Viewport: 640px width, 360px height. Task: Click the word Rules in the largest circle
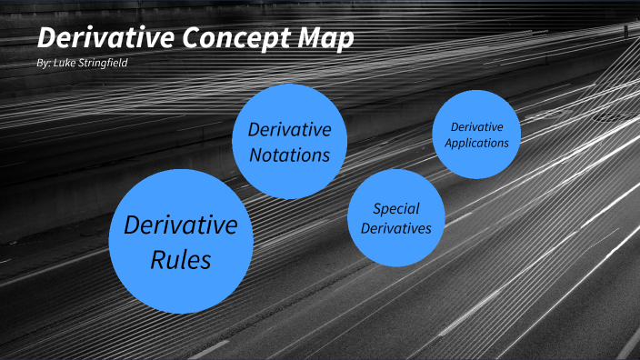click(x=180, y=260)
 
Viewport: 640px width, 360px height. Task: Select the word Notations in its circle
click(x=289, y=155)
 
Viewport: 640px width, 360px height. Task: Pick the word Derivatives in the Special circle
click(x=395, y=228)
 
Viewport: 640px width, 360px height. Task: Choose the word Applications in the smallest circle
click(x=476, y=143)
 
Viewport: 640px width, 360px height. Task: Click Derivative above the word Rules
click(x=180, y=225)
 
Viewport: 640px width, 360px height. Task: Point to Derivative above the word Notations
click(x=289, y=130)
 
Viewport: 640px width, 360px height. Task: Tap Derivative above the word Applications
click(x=476, y=126)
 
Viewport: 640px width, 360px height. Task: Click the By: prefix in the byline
click(x=39, y=65)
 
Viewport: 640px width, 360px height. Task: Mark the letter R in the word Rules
click(x=158, y=260)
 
